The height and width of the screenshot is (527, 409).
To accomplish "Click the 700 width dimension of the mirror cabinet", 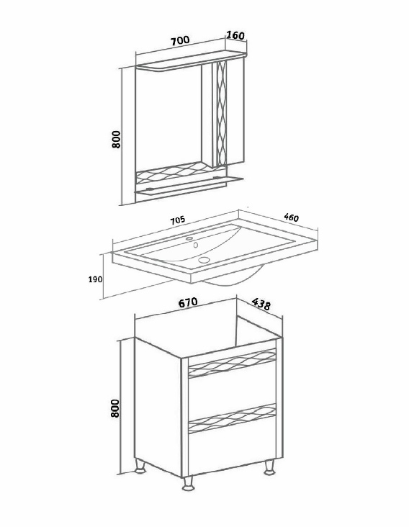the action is tap(180, 40).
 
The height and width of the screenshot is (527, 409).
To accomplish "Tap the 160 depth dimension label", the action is tap(235, 35).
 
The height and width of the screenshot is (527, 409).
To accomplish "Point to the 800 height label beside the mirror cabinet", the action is tap(116, 139).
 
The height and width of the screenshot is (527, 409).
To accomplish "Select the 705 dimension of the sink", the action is tap(177, 220).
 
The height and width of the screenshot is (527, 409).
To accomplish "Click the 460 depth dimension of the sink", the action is tap(291, 217).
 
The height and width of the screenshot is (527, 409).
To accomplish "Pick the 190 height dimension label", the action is tap(95, 279).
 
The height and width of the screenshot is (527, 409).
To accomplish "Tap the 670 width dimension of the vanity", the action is tap(187, 303).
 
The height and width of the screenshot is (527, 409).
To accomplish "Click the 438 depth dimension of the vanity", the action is tap(261, 304).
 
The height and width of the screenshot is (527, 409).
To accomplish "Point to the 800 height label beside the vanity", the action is tap(115, 408).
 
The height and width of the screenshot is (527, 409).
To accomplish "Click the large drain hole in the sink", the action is tap(204, 259).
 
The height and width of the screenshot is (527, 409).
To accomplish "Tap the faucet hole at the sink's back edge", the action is tap(189, 238).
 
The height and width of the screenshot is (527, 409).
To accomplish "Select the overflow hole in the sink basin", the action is tap(195, 245).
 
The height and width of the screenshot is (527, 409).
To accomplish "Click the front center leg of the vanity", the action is tap(188, 484).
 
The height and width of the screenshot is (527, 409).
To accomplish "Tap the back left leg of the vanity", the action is tap(140, 467).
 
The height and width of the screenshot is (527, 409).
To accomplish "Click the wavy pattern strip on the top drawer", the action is tap(233, 363).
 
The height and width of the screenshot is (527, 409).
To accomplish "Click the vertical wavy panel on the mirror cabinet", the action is tap(222, 114).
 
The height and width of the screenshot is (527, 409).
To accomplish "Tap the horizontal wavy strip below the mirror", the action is tap(174, 173).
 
